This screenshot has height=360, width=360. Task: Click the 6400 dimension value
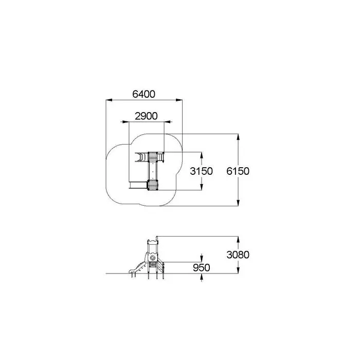point(143,94)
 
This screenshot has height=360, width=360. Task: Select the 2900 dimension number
point(146,116)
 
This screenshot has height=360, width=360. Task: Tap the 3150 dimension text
point(202,171)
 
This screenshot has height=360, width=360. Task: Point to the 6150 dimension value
point(238,171)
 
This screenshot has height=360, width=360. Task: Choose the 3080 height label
point(238,255)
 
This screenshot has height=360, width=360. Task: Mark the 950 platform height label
point(202,268)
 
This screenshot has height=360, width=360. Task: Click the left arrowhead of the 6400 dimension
point(109,100)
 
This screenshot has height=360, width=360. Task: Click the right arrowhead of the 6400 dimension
point(179,100)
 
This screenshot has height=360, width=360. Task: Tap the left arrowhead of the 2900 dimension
point(125,122)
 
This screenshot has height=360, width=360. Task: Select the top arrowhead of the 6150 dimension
point(238,137)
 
